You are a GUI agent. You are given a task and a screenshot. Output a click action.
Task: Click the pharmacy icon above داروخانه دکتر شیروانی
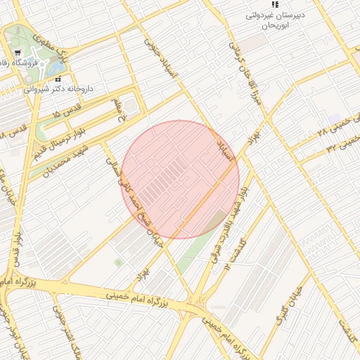(x=58, y=78)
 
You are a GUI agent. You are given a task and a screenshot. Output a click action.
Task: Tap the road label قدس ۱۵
(x=67, y=110)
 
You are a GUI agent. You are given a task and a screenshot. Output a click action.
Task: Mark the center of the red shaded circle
(x=180, y=179)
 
